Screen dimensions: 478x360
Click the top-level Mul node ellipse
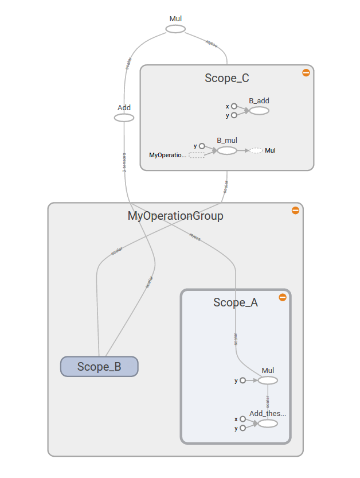[x=176, y=29]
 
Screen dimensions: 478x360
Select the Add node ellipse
[x=124, y=118]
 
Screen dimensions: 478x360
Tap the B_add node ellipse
[x=259, y=110]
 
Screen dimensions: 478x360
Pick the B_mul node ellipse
[x=227, y=150]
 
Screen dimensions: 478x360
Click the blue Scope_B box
[x=99, y=367]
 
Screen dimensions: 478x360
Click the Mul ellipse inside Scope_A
[x=268, y=380]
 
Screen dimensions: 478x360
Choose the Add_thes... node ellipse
[x=268, y=423]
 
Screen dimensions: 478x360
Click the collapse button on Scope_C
[x=306, y=72]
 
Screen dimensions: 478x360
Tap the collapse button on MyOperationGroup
[x=295, y=210]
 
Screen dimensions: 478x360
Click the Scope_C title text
[x=227, y=79]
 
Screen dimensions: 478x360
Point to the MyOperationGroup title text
[x=175, y=216]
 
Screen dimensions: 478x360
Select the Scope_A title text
[x=236, y=302]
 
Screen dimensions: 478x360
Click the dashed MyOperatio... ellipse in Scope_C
[x=197, y=155]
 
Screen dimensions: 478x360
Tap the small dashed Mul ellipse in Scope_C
[x=256, y=150]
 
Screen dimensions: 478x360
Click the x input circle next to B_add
[x=234, y=106]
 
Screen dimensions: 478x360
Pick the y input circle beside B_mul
[x=202, y=146]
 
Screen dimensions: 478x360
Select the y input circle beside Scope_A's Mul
[x=242, y=380]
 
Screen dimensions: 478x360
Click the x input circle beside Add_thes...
[x=242, y=419]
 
